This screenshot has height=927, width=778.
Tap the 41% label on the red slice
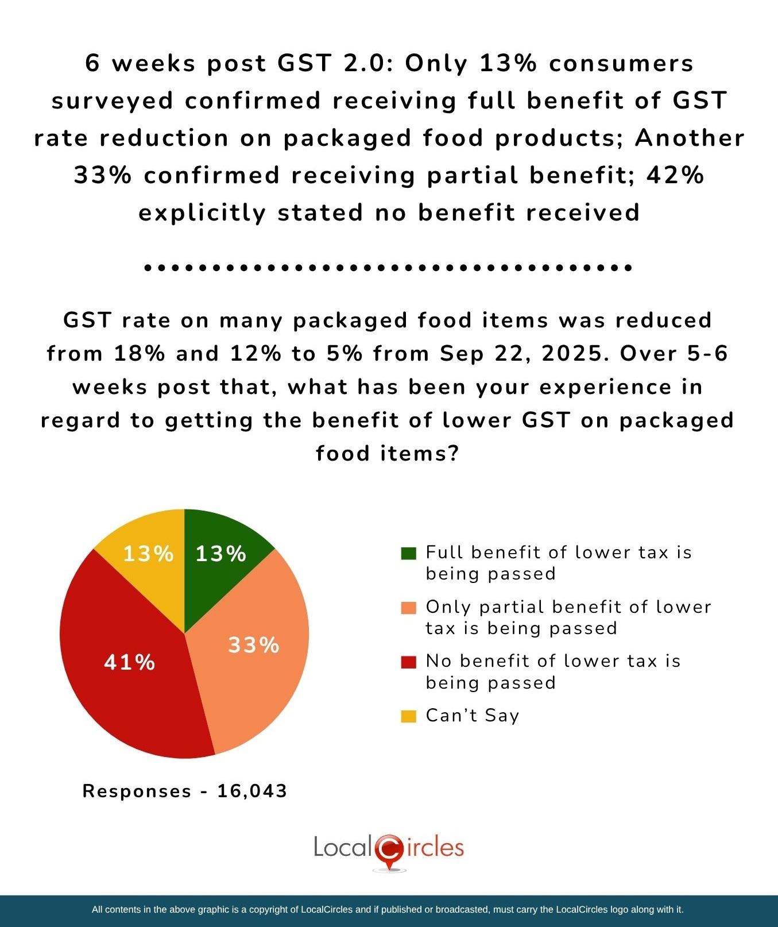click(x=129, y=662)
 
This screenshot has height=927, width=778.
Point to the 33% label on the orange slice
click(x=253, y=645)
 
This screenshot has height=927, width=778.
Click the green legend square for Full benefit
click(x=408, y=553)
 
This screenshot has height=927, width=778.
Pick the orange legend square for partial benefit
click(x=408, y=608)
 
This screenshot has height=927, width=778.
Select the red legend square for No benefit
click(x=408, y=662)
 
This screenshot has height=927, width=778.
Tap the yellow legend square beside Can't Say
click(x=408, y=716)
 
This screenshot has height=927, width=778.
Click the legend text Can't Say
click(x=472, y=716)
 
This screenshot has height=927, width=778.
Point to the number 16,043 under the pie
click(x=252, y=791)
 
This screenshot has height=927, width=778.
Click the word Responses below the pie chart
click(x=137, y=791)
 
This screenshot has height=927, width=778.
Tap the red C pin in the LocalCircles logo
click(x=389, y=849)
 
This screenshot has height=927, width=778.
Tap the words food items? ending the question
click(x=388, y=454)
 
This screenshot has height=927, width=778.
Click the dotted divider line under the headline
click(x=388, y=268)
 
